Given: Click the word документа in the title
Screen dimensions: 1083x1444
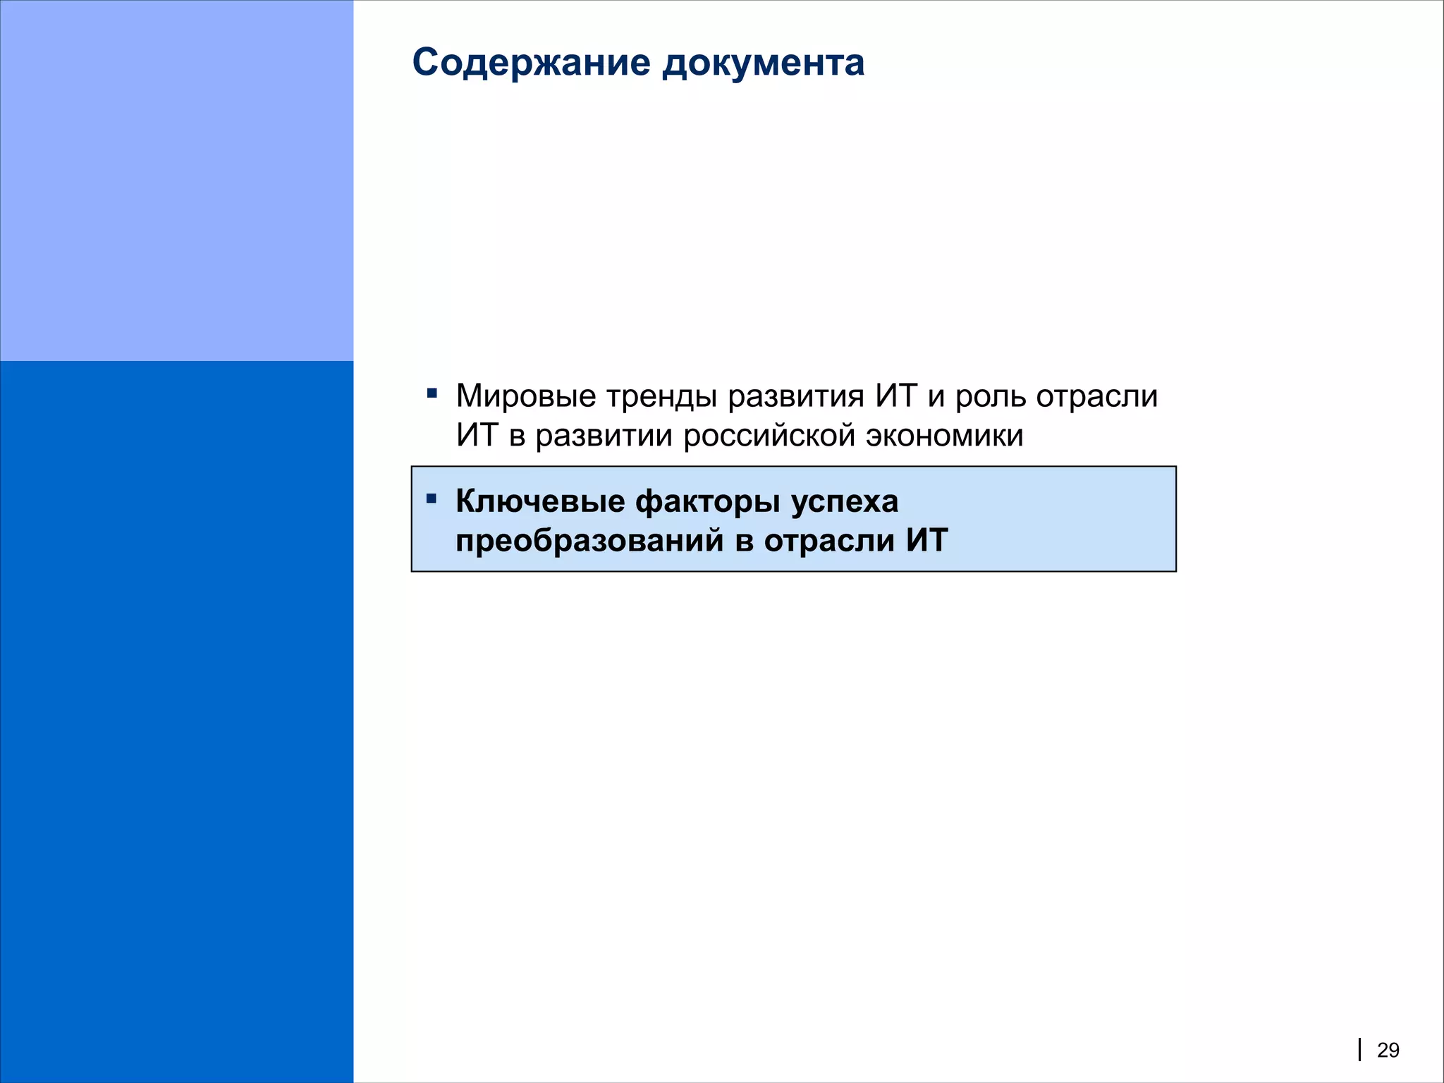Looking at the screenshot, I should coord(763,63).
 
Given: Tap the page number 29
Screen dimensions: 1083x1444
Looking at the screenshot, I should coord(1388,1051).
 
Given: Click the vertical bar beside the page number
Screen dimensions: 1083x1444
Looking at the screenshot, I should coord(1359,1050).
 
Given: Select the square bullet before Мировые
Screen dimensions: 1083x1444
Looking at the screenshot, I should coord(432,393).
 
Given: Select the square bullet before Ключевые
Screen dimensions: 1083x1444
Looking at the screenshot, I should coord(432,499).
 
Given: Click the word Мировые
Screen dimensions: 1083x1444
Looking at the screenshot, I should coord(526,396).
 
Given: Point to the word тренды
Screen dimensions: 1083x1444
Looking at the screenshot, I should coord(662,396).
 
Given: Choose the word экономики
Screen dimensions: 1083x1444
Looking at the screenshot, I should coord(945,436).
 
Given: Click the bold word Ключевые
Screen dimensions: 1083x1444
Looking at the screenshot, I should coord(540,502).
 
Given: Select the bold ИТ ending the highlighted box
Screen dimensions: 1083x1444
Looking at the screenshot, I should coord(927,541).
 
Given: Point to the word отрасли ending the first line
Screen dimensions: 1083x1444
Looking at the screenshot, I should coord(1097,396).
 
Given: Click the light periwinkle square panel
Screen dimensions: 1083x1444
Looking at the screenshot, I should coord(176,180).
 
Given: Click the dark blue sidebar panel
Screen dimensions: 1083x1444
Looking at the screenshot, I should coord(176,719).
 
